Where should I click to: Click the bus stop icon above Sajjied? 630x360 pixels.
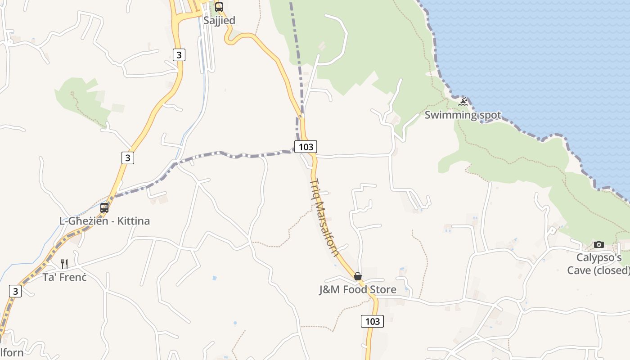tap(219, 7)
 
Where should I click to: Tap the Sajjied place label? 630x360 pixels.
tap(219, 21)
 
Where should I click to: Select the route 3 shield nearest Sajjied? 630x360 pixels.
tap(179, 55)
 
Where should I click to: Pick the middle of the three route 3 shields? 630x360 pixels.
tap(128, 158)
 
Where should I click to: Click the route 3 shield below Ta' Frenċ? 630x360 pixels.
tap(15, 291)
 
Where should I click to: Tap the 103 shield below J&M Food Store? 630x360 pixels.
tap(372, 321)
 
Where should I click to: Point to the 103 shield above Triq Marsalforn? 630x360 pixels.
tap(306, 147)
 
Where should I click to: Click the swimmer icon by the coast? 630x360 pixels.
tap(463, 102)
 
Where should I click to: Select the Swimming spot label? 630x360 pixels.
tap(463, 115)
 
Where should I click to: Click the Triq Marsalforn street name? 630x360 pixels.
tap(324, 217)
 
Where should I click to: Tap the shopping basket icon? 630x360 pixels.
tap(357, 276)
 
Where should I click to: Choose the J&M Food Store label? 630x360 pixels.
tap(358, 289)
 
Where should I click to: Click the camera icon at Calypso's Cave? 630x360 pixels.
tap(599, 244)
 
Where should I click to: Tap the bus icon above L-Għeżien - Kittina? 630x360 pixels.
tap(104, 207)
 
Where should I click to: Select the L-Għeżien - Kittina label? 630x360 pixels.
tap(104, 221)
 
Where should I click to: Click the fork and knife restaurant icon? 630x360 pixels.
tap(64, 264)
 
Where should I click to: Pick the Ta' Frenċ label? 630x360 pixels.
tap(64, 277)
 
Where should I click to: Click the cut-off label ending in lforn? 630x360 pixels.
tap(12, 352)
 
